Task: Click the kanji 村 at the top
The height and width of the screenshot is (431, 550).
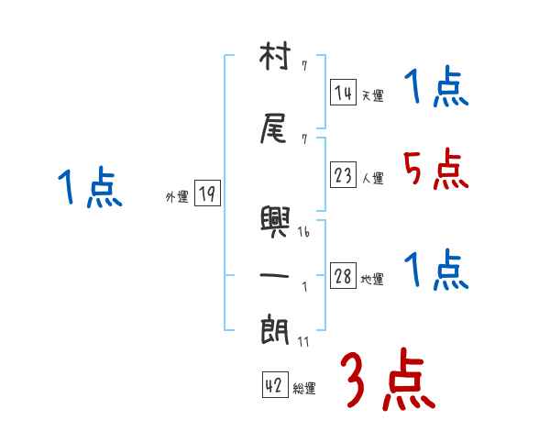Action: (x=275, y=59)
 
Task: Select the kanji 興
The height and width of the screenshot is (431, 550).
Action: (x=275, y=221)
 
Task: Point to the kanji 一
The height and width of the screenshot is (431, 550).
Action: (x=275, y=274)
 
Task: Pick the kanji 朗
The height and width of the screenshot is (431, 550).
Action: (x=275, y=328)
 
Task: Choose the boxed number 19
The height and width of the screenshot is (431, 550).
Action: (x=207, y=193)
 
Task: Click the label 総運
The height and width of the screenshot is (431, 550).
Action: (x=303, y=389)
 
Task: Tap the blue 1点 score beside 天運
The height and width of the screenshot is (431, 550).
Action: (x=435, y=89)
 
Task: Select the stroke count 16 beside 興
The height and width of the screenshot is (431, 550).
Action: (x=303, y=232)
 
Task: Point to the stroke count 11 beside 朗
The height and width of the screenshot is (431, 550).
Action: (x=303, y=341)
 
